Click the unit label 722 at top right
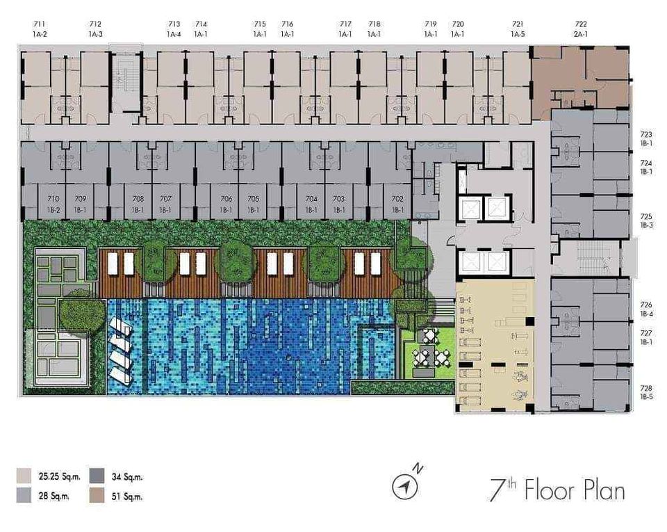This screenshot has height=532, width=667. (x=581, y=24)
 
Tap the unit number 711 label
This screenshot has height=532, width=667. (x=39, y=24)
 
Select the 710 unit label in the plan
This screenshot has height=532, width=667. (x=53, y=199)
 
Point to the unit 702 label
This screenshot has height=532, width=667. (x=397, y=199)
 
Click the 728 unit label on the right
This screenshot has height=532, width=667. (x=645, y=388)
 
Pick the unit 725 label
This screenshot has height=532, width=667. (x=645, y=216)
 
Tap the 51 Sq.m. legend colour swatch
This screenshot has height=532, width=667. (x=97, y=496)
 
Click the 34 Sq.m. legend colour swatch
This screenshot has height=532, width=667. (x=97, y=476)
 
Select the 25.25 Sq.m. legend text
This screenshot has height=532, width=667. (x=59, y=476)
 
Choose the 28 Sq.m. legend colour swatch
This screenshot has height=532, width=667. (x=24, y=496)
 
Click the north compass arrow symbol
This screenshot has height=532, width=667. (x=406, y=485)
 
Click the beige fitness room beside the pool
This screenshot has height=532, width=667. (x=495, y=345)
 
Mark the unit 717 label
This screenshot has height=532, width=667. (x=345, y=24)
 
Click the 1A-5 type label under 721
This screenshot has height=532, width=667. (x=518, y=34)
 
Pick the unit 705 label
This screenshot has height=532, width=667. (x=253, y=199)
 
